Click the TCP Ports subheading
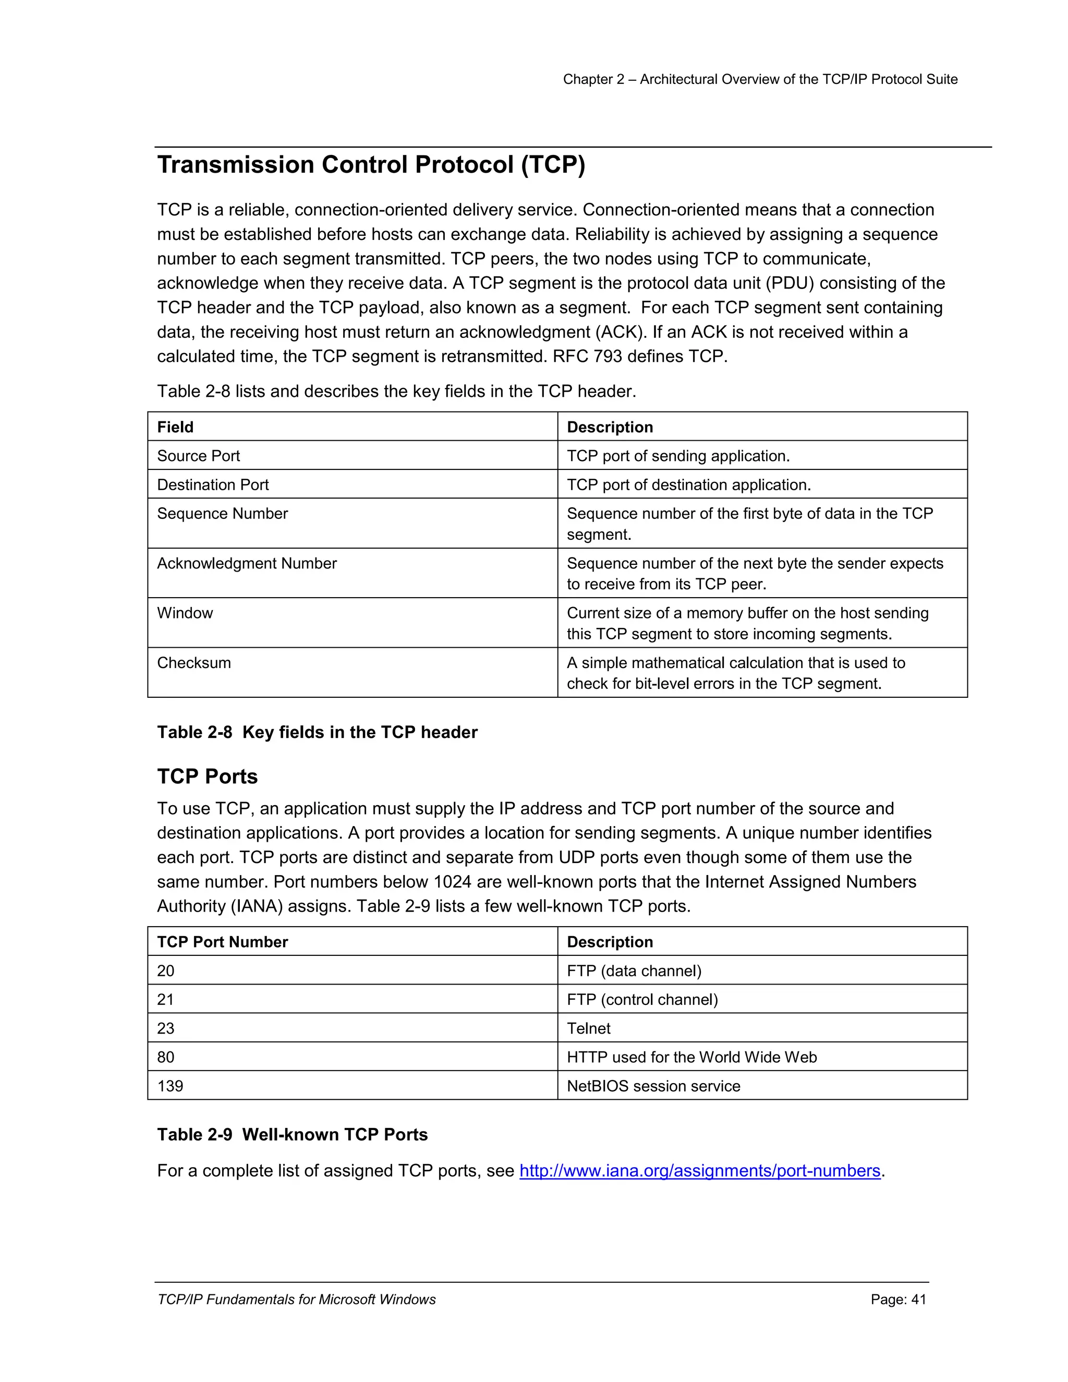(x=207, y=777)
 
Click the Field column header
(x=175, y=427)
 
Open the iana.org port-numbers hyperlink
(x=700, y=1171)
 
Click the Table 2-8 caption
(x=317, y=732)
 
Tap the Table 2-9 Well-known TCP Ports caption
(x=293, y=1135)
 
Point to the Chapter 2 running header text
(x=760, y=79)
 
